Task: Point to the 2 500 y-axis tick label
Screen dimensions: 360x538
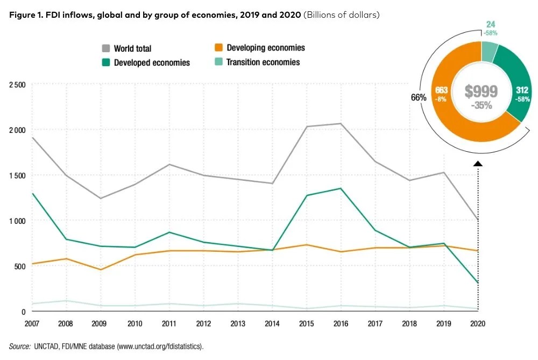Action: pos(16,84)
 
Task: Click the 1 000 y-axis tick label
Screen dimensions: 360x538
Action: pos(16,221)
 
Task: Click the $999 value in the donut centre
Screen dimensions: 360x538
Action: pos(482,91)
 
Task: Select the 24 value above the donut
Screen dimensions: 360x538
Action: pos(491,24)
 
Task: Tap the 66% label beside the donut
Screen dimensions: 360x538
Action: pos(419,98)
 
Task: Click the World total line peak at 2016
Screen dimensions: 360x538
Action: pos(339,124)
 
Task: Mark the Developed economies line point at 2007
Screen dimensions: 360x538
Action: pos(32,194)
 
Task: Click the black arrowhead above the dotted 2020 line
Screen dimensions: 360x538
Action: pos(478,163)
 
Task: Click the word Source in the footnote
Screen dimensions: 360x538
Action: pos(19,345)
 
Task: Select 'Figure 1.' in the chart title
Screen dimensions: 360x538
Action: pos(25,15)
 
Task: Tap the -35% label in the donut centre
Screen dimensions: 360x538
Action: pos(482,105)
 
